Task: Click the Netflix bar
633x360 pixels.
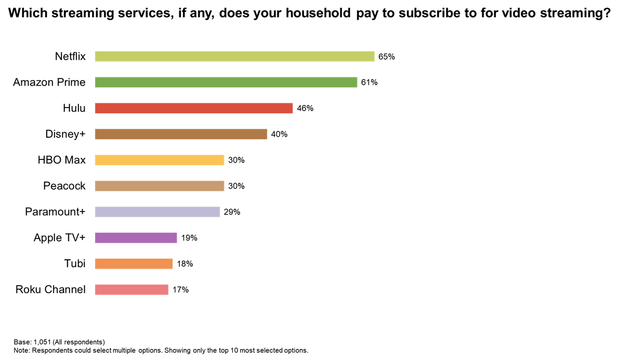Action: pyautogui.click(x=234, y=56)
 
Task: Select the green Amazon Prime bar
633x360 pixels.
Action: pyautogui.click(x=226, y=82)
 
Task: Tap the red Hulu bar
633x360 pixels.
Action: pyautogui.click(x=194, y=108)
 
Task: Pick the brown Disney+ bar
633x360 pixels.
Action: pyautogui.click(x=181, y=134)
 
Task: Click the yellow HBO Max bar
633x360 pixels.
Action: pyautogui.click(x=160, y=160)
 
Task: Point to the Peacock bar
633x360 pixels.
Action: pyautogui.click(x=160, y=186)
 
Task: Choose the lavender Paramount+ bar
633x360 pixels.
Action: pyautogui.click(x=157, y=212)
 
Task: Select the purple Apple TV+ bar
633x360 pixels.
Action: pyautogui.click(x=136, y=238)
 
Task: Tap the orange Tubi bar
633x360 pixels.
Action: pyautogui.click(x=134, y=264)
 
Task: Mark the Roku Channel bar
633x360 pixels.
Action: pyautogui.click(x=131, y=290)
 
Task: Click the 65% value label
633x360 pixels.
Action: pyautogui.click(x=387, y=57)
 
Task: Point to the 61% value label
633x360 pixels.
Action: pyautogui.click(x=370, y=83)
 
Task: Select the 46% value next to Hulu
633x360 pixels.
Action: pyautogui.click(x=305, y=109)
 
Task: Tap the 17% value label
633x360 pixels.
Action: pyautogui.click(x=180, y=290)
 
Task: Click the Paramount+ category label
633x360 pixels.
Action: pyautogui.click(x=55, y=212)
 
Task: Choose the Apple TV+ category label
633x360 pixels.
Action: pyautogui.click(x=59, y=238)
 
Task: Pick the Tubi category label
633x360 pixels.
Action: pyautogui.click(x=75, y=264)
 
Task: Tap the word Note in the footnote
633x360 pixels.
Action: pyautogui.click(x=22, y=351)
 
